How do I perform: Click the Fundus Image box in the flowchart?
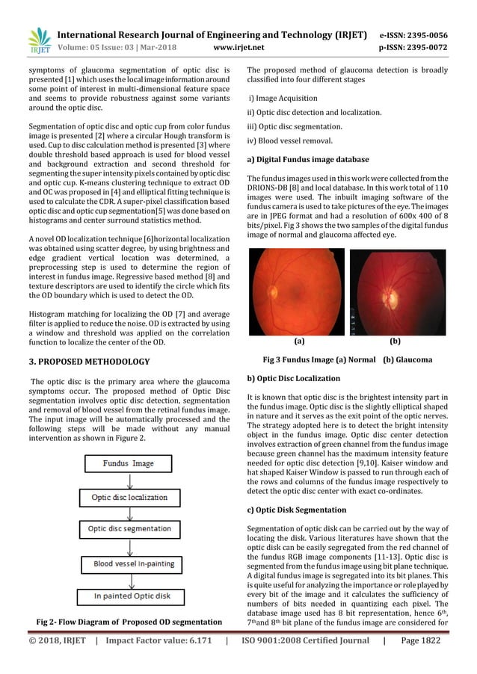(128, 463)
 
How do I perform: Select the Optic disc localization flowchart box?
(128, 496)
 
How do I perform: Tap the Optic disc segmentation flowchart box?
(128, 529)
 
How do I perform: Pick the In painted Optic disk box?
(128, 596)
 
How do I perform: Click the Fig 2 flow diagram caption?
(129, 622)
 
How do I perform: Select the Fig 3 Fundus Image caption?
(348, 359)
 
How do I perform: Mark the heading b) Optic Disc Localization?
(294, 379)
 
